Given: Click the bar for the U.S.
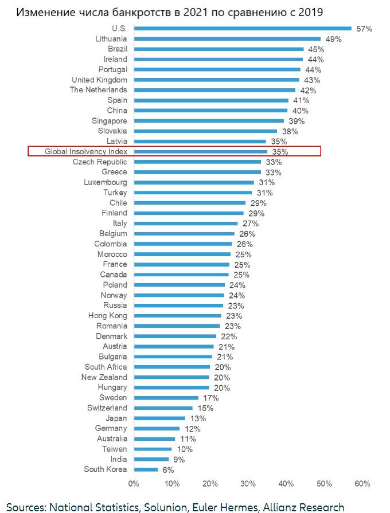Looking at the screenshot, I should point(242,28).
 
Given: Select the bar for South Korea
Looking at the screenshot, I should point(146,469).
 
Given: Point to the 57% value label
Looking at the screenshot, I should point(364,29).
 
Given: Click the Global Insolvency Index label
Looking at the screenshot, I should point(86,151).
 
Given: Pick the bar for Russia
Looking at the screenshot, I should point(178,306).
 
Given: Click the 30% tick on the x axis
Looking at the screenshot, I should point(248,484).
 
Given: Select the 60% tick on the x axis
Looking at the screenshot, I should point(362,484).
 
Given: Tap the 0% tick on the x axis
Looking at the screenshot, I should point(134,484).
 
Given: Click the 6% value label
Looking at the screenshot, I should point(167,470).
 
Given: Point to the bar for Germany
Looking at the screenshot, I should point(157,428).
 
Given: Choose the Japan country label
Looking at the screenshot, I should point(116,418).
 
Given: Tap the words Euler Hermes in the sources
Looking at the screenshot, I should point(215,507).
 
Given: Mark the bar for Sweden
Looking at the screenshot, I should point(166,397).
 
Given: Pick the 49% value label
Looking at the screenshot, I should point(334,39).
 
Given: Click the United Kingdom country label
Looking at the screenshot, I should point(99,80).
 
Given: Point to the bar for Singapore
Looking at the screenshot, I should point(209,121).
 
